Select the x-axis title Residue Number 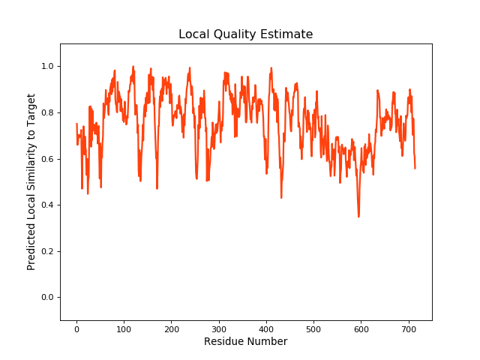[x=245, y=342]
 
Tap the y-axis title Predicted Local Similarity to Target [x=31, y=182]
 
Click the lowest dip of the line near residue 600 [x=358, y=217]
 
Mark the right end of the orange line [x=415, y=168]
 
